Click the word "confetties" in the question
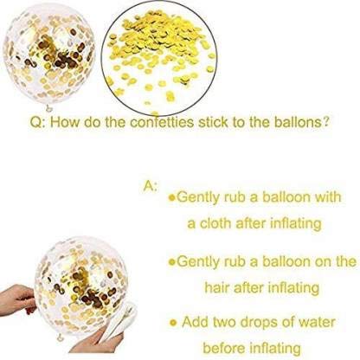(161, 122)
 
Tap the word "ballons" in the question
(298, 122)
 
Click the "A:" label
(151, 186)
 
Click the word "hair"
(217, 287)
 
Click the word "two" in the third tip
(224, 322)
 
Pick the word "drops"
(259, 323)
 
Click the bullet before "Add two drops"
(173, 322)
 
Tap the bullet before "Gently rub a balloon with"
(172, 197)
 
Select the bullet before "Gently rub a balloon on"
(172, 262)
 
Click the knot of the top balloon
(49, 107)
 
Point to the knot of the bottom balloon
(60, 337)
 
